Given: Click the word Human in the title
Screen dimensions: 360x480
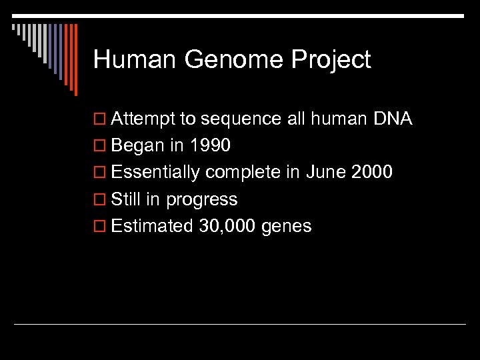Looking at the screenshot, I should pyautogui.click(x=135, y=60).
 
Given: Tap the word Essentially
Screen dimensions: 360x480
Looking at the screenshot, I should pyautogui.click(x=155, y=173).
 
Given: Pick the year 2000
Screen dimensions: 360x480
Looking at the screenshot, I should pyautogui.click(x=371, y=173).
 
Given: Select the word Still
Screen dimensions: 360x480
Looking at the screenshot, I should pyautogui.click(x=127, y=199).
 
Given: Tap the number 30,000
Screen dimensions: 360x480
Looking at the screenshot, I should pyautogui.click(x=227, y=227).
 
